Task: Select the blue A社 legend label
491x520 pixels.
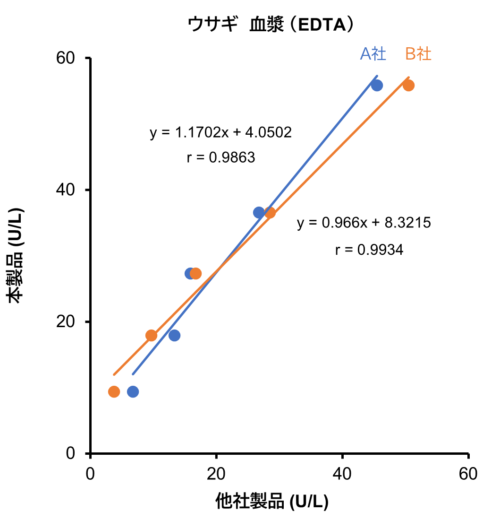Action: [x=373, y=54]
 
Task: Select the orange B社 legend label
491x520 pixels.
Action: [x=418, y=54]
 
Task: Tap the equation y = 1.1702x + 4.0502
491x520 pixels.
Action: [x=220, y=132]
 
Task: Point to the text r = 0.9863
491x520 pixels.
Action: [x=220, y=157]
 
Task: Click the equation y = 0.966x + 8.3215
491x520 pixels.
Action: [x=364, y=223]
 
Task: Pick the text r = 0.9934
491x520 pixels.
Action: [x=369, y=250]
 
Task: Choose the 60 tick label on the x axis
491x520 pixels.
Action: [x=468, y=474]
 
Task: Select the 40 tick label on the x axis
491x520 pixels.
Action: [x=342, y=474]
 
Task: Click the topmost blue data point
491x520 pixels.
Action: [x=377, y=86]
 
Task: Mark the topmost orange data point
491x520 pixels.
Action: [x=409, y=86]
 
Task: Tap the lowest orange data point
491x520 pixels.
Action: [x=114, y=391]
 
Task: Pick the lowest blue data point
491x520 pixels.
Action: [x=133, y=391]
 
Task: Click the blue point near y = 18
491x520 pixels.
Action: [x=174, y=335]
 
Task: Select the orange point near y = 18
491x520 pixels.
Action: [x=151, y=335]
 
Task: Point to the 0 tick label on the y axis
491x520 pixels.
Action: [x=71, y=453]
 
